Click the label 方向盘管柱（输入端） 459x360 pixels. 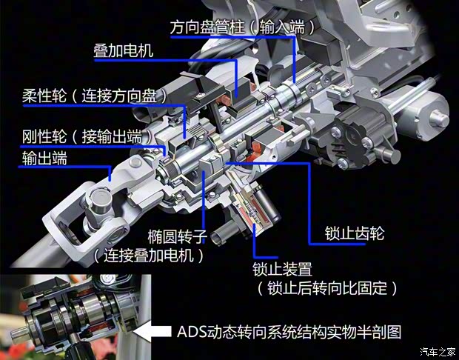coord(242,26)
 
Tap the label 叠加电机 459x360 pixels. coord(123,51)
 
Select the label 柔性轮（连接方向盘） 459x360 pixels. coord(93,96)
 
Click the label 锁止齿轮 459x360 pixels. coord(354,234)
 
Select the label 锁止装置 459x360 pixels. coord(281,267)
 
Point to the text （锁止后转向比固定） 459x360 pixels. coord(326,287)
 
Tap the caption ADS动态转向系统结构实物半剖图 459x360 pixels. coord(289,331)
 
